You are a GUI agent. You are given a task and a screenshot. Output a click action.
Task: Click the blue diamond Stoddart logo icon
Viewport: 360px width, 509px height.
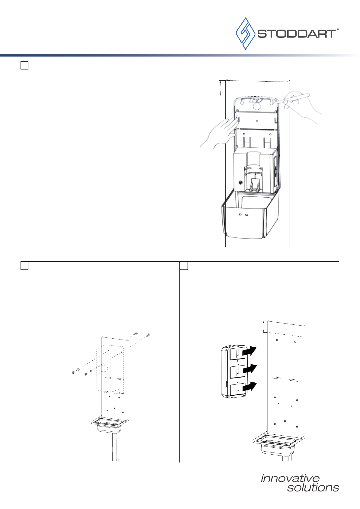[246, 34]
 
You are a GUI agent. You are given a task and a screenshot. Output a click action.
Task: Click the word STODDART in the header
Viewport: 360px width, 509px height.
[297, 34]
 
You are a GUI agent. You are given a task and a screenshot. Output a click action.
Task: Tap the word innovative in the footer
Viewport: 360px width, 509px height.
[290, 478]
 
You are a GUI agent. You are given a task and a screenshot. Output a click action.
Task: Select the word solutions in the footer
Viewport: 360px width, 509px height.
[313, 488]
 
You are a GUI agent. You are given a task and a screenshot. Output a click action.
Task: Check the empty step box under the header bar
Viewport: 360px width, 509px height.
[24, 66]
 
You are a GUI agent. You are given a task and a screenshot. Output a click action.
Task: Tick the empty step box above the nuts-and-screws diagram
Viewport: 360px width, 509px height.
[24, 266]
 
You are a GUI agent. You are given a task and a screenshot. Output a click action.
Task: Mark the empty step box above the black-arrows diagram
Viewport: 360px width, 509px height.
[184, 266]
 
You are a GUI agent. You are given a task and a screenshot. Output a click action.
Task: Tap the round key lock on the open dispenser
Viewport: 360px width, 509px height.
[240, 182]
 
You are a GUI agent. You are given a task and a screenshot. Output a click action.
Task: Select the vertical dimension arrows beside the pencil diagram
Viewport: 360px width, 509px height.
[220, 88]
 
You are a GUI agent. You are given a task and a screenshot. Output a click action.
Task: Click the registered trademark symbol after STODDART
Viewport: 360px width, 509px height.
[338, 29]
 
